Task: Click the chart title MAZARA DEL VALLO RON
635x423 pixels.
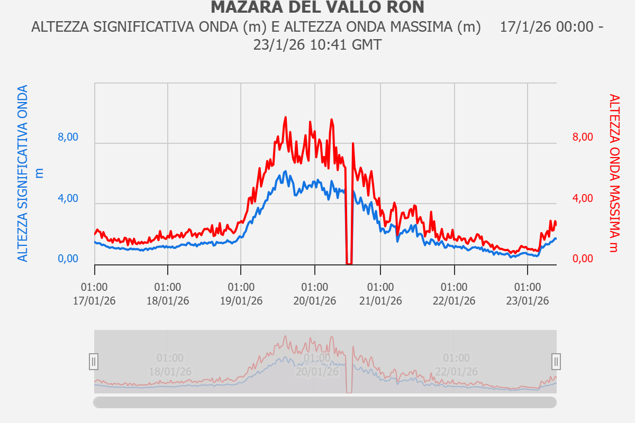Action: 317,7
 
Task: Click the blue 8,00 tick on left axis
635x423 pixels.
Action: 68,137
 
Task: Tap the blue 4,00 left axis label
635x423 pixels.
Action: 68,199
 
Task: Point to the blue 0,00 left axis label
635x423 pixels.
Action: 68,259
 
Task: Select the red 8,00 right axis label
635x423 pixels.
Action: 583,137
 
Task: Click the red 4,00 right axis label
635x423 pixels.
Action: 583,199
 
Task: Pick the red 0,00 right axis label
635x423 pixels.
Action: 583,259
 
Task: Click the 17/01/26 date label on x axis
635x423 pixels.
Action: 95,301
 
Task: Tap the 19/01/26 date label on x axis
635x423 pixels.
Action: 241,301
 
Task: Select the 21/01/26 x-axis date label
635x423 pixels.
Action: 380,301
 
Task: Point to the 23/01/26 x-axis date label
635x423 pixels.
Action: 528,301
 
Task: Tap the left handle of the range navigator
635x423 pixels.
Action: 94,362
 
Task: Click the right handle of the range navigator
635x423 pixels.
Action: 556,362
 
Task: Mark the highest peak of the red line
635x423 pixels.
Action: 286,117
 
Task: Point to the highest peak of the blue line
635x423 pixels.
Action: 285,171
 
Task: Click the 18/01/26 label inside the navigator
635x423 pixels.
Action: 170,371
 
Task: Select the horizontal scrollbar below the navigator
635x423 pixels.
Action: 325,402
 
